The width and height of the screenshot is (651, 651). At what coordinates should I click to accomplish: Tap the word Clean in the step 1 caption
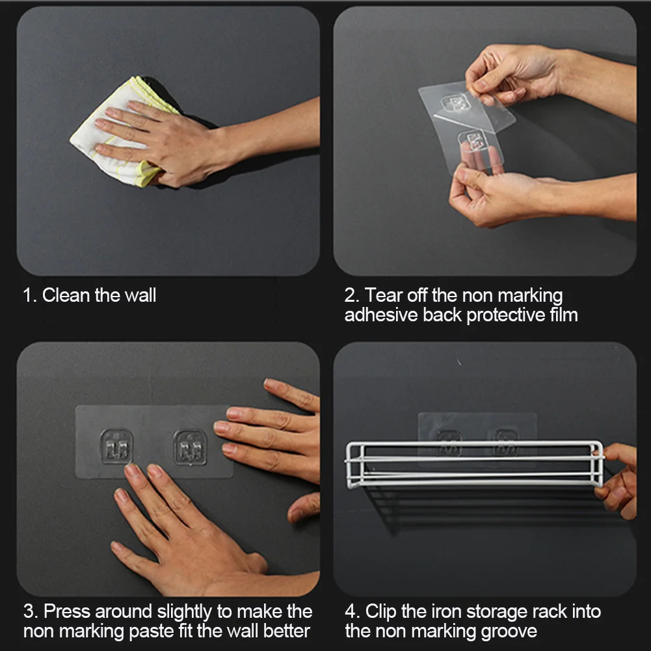(x=66, y=296)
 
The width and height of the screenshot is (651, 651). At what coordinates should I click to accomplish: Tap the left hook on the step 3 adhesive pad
(x=116, y=447)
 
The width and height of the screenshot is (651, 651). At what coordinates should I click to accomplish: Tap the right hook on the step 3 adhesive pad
(x=190, y=447)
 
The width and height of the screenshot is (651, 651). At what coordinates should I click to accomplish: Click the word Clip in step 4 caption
(x=380, y=612)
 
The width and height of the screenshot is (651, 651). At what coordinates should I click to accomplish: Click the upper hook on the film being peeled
(x=454, y=103)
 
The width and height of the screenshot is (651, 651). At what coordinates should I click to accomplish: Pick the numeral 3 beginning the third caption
(x=29, y=611)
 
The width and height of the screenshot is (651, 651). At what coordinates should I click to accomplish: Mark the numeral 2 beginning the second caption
(x=350, y=296)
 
